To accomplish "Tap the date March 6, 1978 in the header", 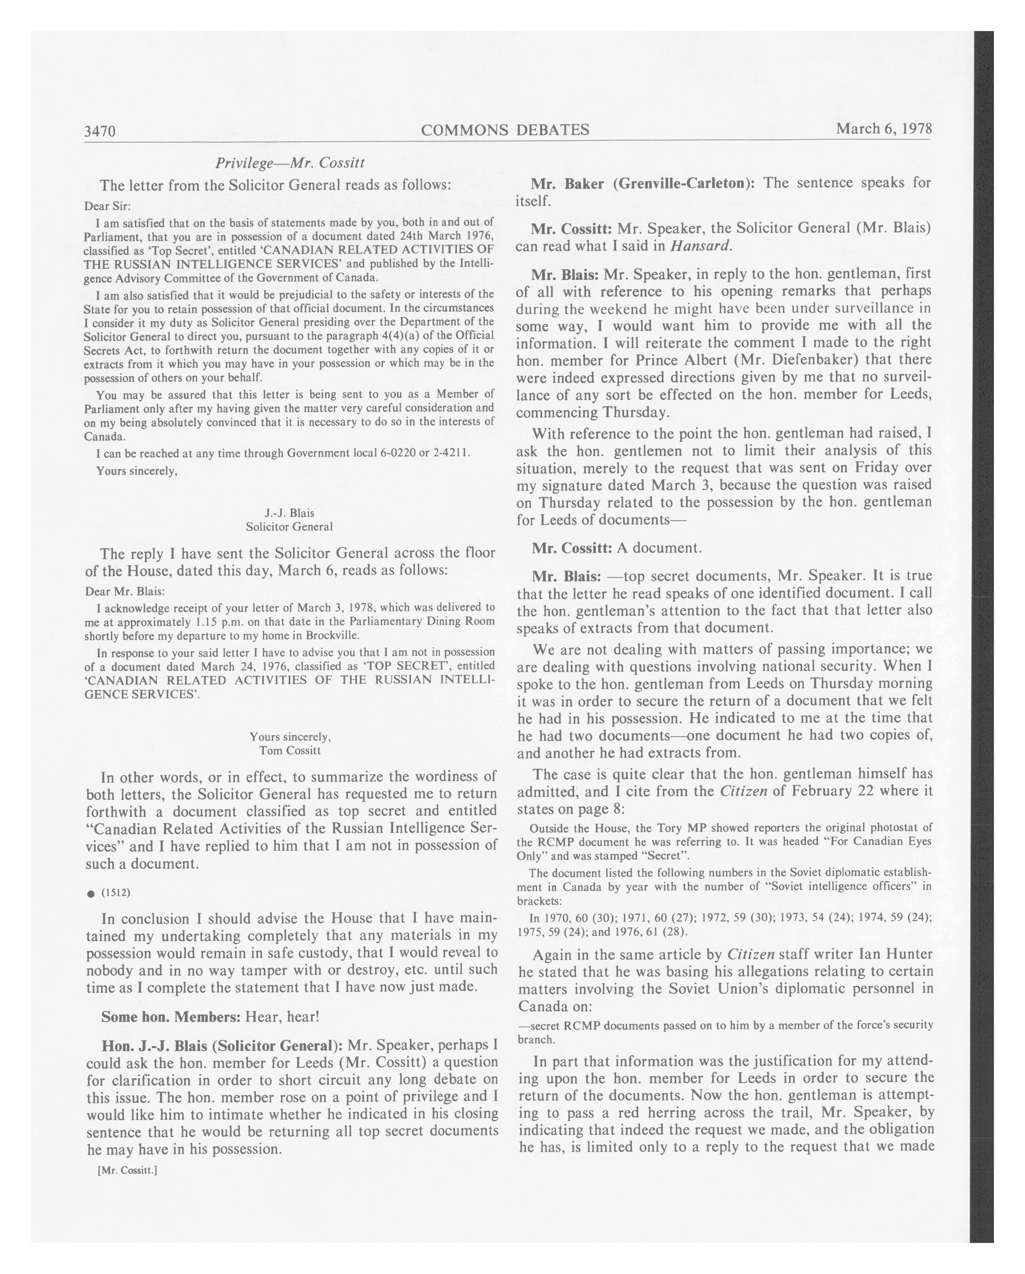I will tap(883, 129).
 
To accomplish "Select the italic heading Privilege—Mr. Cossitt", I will tap(289, 162).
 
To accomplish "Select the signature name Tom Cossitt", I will tap(289, 750).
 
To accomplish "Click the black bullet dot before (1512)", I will tap(90, 894).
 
